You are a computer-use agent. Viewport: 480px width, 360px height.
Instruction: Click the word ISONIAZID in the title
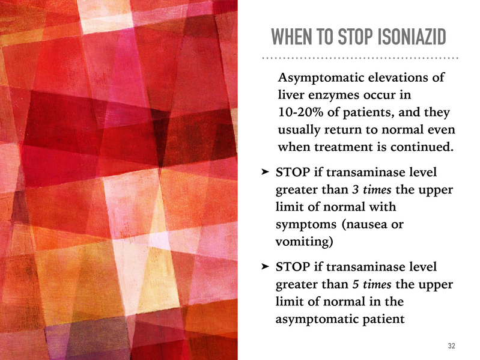[412, 37]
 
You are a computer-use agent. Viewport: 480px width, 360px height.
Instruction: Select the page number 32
[452, 346]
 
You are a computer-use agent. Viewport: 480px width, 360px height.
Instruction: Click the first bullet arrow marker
[265, 172]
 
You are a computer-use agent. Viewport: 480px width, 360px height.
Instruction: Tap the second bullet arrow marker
[265, 266]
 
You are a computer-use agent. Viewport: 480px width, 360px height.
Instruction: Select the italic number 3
[355, 190]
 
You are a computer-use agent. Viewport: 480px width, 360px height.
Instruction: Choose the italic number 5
[355, 284]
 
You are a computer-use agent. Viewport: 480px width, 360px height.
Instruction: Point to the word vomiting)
[304, 242]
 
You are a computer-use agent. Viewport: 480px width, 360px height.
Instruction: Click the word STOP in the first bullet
[293, 172]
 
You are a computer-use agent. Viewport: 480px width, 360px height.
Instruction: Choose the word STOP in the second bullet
[293, 267]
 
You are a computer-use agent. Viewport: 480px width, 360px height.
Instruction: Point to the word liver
[291, 94]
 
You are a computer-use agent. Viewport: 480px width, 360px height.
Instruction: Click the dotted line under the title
[360, 58]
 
